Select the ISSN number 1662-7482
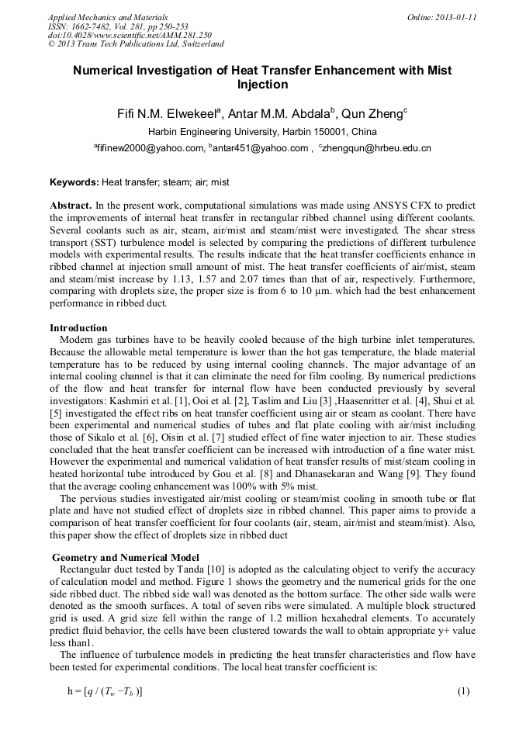click(x=95, y=26)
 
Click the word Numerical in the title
click(x=105, y=71)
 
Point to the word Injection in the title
click(x=262, y=85)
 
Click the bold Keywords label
click(x=74, y=182)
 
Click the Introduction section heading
click(x=78, y=327)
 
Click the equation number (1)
click(x=463, y=690)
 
